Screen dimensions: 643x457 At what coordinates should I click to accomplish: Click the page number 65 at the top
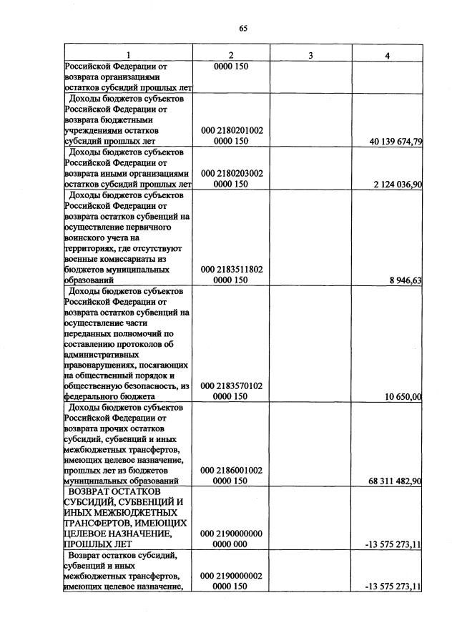coord(242,29)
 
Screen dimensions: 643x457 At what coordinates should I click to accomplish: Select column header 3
coord(310,55)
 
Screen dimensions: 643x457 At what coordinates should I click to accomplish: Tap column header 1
coord(129,55)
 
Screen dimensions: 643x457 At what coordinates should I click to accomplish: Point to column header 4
coord(387,55)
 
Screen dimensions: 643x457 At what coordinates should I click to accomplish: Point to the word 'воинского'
coord(84,237)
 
